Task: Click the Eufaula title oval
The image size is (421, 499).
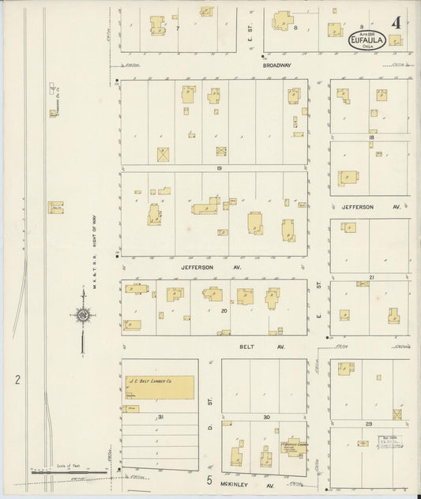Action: [367, 41]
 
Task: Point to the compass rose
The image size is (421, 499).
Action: [83, 317]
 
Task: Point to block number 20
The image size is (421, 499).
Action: [224, 310]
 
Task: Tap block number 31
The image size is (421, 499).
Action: [159, 416]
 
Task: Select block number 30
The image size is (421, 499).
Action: [266, 416]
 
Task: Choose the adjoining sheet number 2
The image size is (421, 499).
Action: [17, 380]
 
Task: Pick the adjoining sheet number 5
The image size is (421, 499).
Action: [210, 479]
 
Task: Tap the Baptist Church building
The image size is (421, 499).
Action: [294, 446]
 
